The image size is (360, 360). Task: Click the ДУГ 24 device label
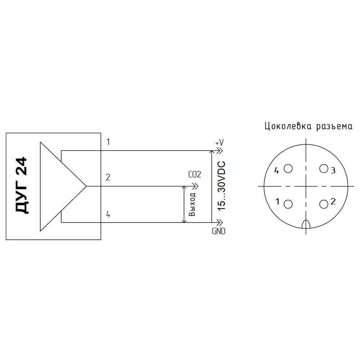pyautogui.click(x=22, y=185)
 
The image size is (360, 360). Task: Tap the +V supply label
pyautogui.click(x=220, y=143)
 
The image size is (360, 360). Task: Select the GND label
pyautogui.click(x=219, y=231)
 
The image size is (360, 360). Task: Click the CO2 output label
pyautogui.click(x=195, y=175)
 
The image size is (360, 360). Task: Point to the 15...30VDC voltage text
pyautogui.click(x=221, y=186)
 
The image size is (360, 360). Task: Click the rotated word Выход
pyautogui.click(x=192, y=204)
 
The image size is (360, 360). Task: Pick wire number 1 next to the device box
pyautogui.click(x=108, y=142)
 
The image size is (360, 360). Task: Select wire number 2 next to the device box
pyautogui.click(x=108, y=177)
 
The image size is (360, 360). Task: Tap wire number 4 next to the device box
pyautogui.click(x=108, y=214)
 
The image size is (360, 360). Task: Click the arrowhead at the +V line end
pyautogui.click(x=220, y=151)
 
